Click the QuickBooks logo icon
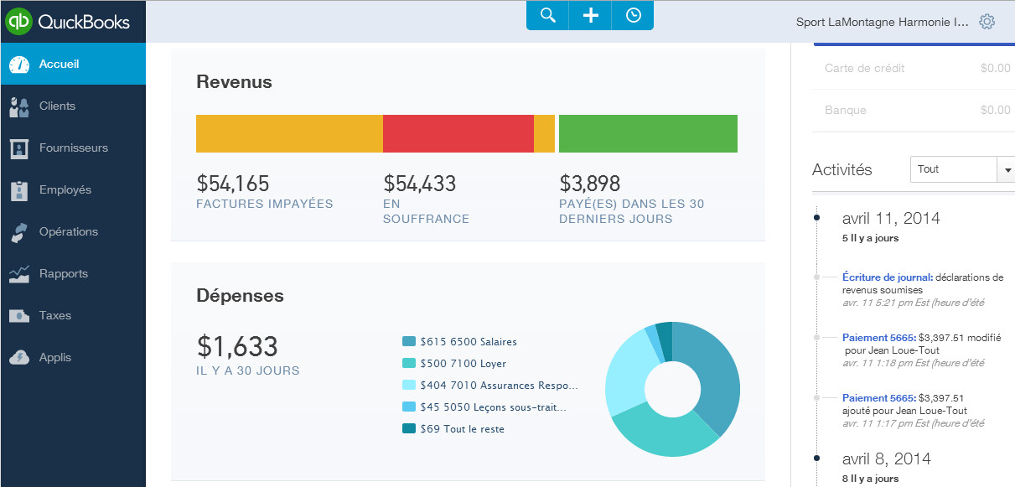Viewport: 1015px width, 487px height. (18, 21)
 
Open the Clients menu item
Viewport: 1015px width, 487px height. (57, 106)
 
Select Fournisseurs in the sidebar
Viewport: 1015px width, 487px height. (73, 148)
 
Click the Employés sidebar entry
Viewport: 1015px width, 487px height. (65, 189)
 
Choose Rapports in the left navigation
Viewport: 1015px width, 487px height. (63, 273)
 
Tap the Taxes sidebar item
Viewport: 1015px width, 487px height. (54, 315)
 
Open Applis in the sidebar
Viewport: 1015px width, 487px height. (54, 357)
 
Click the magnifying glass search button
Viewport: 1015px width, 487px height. (548, 16)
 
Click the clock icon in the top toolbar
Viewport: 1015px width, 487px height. (633, 16)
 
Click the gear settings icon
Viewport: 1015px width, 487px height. (987, 22)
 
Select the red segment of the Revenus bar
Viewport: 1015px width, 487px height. (458, 133)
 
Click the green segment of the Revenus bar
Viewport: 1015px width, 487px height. (648, 133)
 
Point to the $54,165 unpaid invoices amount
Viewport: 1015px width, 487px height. (233, 184)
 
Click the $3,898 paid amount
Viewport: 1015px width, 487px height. (589, 184)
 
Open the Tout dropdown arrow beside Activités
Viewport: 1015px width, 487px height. (1005, 169)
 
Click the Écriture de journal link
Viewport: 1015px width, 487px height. (887, 277)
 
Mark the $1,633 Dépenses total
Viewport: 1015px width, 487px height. (237, 346)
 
